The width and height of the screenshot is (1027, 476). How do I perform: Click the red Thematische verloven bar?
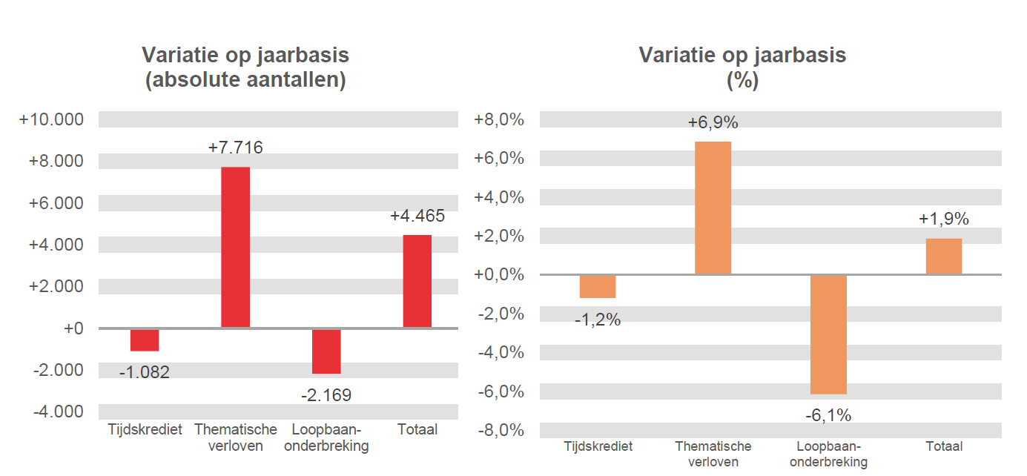[x=236, y=247]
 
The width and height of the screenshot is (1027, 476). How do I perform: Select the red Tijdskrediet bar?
[x=145, y=340]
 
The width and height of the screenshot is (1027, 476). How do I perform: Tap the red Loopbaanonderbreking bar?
[x=326, y=351]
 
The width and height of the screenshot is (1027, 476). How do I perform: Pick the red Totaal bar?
[x=417, y=281]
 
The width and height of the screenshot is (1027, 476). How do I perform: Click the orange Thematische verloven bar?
[x=713, y=208]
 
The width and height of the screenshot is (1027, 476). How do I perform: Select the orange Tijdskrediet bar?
[x=598, y=286]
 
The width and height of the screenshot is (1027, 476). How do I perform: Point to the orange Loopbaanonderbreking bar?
[x=828, y=334]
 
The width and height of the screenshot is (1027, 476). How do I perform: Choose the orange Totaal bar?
[x=944, y=257]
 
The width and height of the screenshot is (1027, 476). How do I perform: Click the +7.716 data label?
[x=236, y=148]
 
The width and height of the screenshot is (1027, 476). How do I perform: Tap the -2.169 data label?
[x=326, y=395]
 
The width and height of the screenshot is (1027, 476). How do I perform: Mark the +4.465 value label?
[x=417, y=216]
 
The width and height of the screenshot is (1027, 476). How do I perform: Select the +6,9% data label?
[x=713, y=122]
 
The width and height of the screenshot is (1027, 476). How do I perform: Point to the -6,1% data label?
[x=828, y=415]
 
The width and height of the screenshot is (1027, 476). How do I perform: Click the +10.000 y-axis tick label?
[x=52, y=119]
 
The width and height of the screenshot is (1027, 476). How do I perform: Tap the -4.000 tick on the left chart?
[x=58, y=411]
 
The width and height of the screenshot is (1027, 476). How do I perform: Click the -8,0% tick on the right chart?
[x=499, y=430]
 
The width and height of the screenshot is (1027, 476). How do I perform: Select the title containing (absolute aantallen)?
[x=245, y=67]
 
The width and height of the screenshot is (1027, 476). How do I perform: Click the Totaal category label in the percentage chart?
[x=944, y=446]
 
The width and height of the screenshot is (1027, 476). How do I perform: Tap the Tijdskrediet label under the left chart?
[x=145, y=429]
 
